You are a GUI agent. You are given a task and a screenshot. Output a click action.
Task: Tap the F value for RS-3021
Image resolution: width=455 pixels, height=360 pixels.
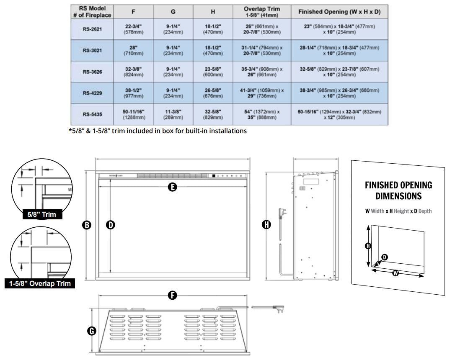[133, 50]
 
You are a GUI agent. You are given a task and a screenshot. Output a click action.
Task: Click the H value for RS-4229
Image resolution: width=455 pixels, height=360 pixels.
[212, 93]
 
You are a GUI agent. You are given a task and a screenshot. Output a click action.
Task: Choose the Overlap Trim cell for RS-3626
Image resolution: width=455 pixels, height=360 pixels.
[262, 72]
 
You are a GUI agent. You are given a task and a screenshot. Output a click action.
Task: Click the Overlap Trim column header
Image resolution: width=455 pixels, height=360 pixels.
[262, 11]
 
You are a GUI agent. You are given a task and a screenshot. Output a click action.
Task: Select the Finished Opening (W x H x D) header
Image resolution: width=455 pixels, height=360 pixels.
[339, 12]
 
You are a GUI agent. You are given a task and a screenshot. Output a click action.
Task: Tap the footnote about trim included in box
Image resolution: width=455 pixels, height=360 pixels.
[158, 131]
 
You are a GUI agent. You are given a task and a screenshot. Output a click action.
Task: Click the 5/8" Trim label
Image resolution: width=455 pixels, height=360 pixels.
[42, 215]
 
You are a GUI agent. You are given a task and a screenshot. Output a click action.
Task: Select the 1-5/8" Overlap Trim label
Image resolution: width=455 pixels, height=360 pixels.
[40, 283]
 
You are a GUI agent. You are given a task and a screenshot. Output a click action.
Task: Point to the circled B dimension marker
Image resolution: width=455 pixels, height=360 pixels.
[87, 225]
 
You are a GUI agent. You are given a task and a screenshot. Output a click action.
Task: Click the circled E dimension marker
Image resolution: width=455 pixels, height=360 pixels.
[172, 187]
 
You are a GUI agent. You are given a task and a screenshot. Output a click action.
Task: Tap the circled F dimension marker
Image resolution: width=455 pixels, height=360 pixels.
[172, 296]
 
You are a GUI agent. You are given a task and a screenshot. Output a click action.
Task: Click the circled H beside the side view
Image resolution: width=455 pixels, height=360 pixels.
[266, 225]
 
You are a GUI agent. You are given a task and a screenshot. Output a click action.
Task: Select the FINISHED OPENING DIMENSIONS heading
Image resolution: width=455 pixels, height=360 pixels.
[398, 190]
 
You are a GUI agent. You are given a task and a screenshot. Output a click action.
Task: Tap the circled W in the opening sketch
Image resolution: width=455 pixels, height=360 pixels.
[396, 273]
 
